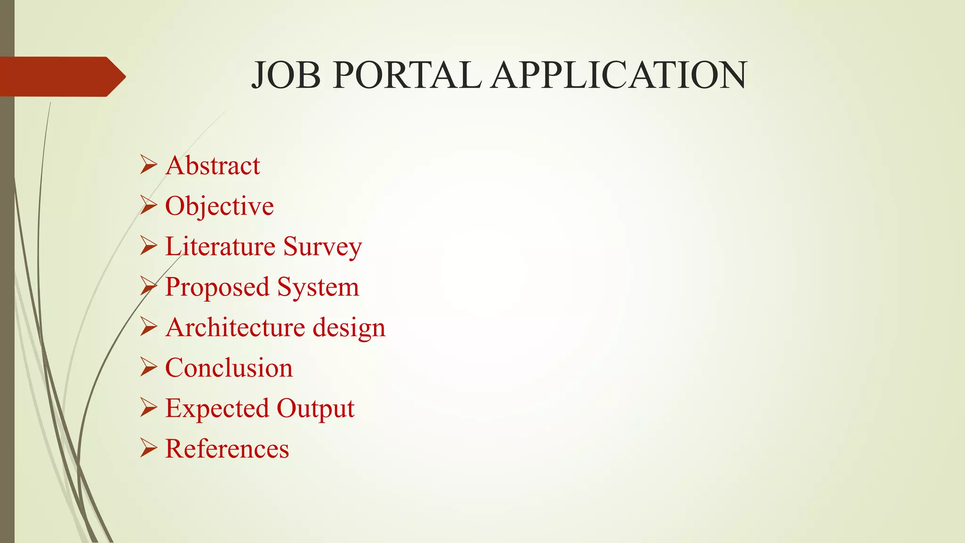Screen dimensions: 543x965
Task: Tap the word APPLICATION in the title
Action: point(618,75)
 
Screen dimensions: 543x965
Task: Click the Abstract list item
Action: point(213,166)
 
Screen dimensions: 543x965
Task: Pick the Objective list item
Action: point(219,206)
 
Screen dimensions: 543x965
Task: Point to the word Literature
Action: point(220,247)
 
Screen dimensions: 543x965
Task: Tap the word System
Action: point(318,288)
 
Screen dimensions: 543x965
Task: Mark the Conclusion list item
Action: point(229,368)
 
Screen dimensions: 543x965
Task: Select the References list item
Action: point(227,449)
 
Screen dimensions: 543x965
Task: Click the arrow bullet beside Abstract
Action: point(148,165)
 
